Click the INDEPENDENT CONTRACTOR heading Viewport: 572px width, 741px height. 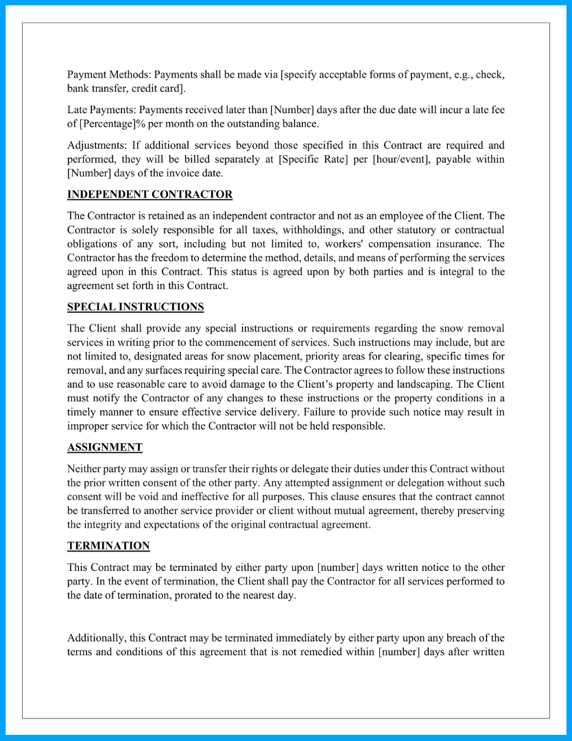pyautogui.click(x=150, y=194)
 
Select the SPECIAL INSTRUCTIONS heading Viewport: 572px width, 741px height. pyautogui.click(x=135, y=307)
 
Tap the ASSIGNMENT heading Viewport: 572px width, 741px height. pyautogui.click(x=105, y=447)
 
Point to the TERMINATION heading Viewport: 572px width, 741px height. pyautogui.click(x=108, y=546)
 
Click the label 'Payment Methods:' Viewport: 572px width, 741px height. pyautogui.click(x=108, y=74)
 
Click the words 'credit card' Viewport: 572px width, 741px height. pyautogui.click(x=159, y=88)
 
